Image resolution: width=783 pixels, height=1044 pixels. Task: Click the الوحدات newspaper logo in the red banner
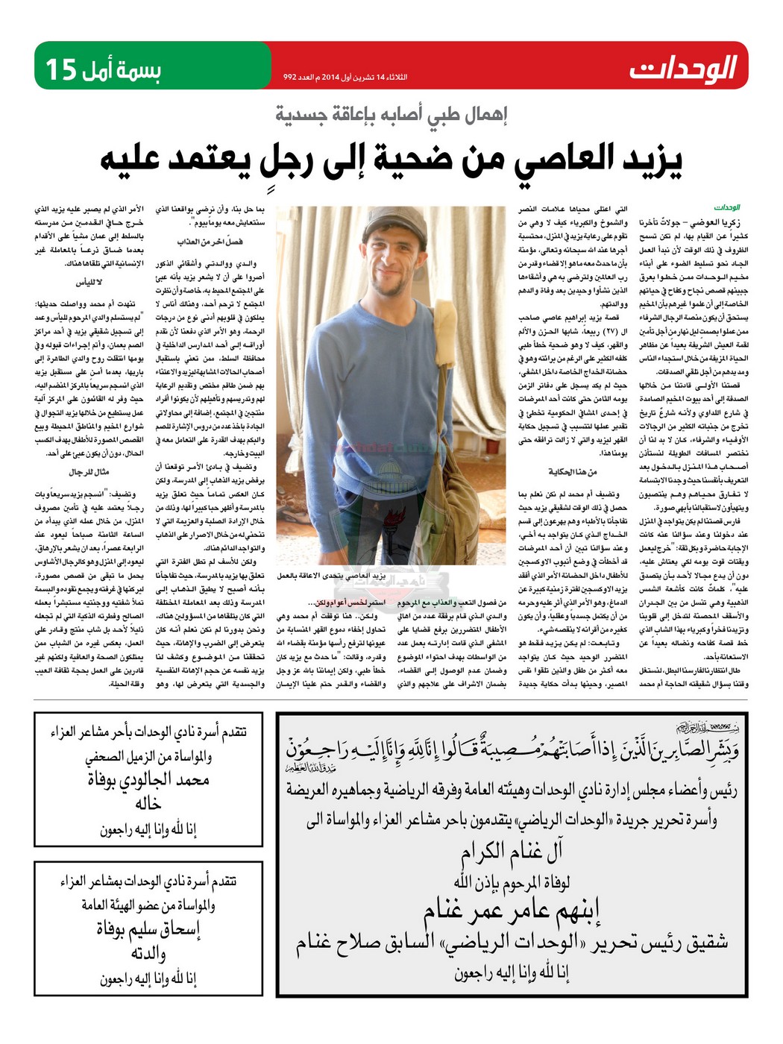pyautogui.click(x=682, y=68)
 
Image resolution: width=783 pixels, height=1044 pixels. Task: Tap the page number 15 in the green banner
pyautogui.click(x=61, y=69)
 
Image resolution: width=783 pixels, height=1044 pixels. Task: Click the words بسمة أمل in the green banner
pyautogui.click(x=120, y=69)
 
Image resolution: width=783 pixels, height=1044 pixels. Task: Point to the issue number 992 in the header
pyautogui.click(x=291, y=77)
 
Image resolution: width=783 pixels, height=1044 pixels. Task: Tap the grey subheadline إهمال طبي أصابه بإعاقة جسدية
pyautogui.click(x=391, y=115)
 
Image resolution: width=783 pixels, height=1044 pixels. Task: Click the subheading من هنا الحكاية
pyautogui.click(x=572, y=472)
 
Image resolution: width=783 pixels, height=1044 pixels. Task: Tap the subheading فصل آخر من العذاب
pyautogui.click(x=210, y=242)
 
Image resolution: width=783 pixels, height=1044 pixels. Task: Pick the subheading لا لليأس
pyautogui.click(x=89, y=283)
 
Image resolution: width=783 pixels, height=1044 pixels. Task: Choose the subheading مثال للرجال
pyautogui.click(x=89, y=472)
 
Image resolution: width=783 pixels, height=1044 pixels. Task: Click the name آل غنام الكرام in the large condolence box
pyautogui.click(x=511, y=851)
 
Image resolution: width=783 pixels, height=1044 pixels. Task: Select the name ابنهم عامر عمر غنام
pyautogui.click(x=512, y=911)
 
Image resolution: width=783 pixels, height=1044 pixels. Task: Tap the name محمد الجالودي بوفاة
pyautogui.click(x=148, y=781)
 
